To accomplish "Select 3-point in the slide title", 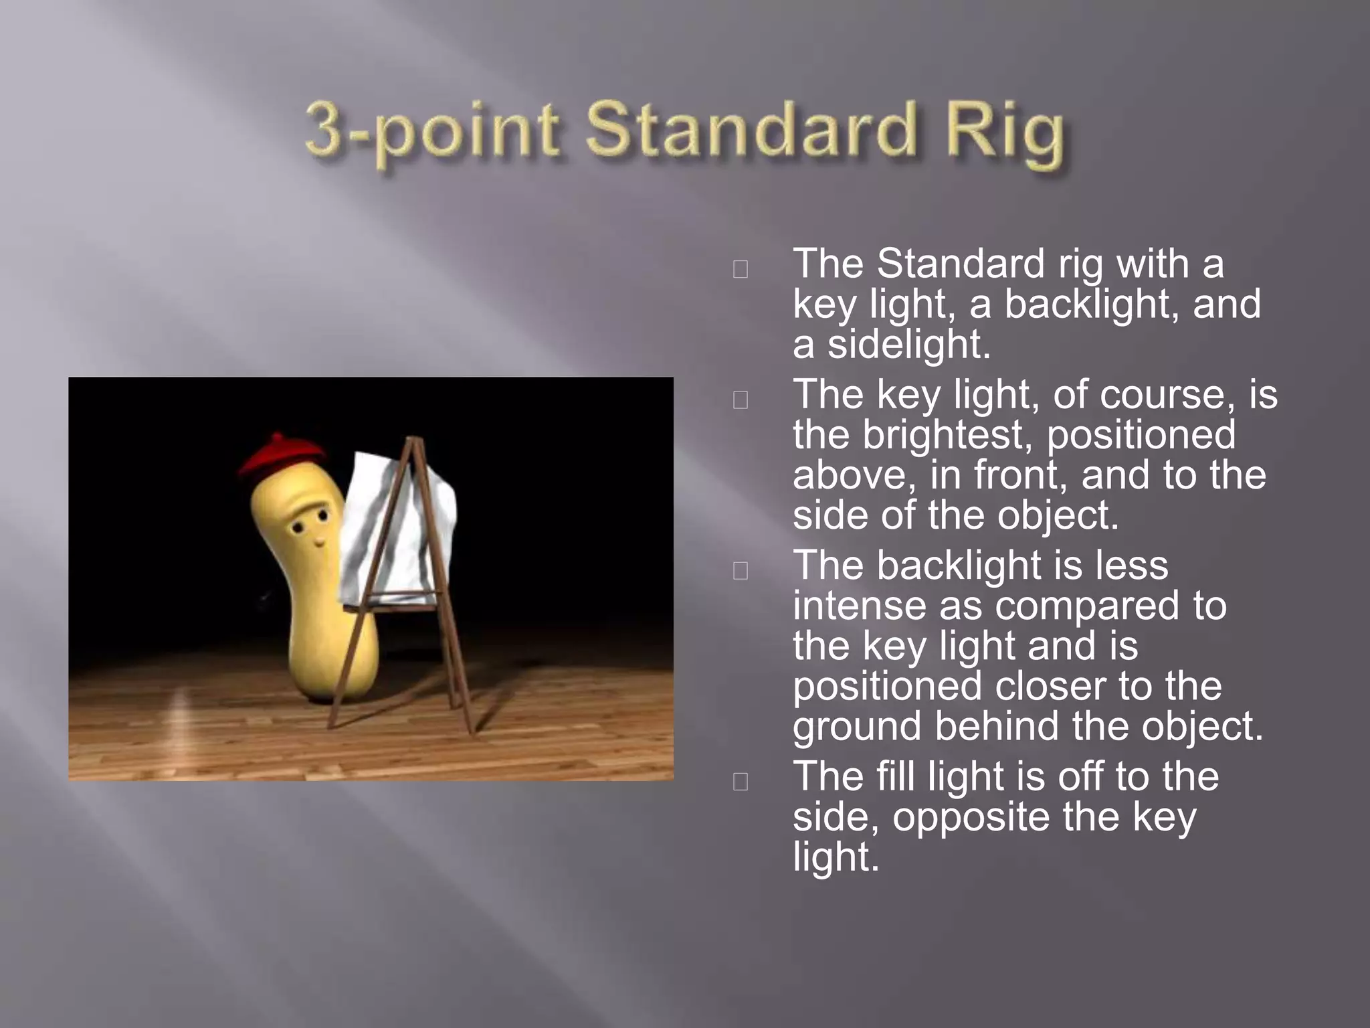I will click(432, 131).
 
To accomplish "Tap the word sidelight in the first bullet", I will click(909, 344).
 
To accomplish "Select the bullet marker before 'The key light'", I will click(741, 400).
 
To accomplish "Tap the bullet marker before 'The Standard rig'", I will click(741, 269).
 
